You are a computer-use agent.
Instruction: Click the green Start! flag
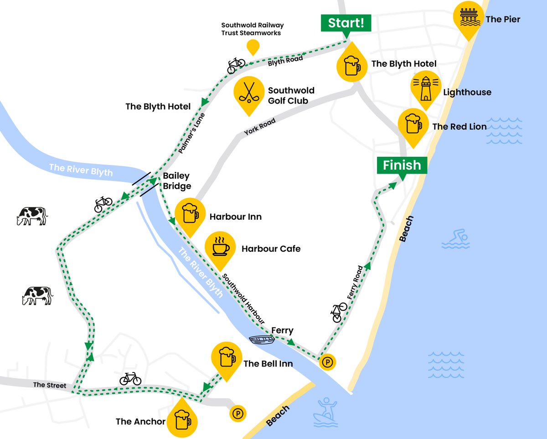pos(346,23)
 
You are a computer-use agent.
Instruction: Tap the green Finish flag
pos(402,165)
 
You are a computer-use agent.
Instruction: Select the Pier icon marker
pos(468,17)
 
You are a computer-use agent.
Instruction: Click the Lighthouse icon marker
pos(425,88)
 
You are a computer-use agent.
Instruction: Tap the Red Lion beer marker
pos(413,124)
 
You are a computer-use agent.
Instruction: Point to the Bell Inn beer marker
pos(226,358)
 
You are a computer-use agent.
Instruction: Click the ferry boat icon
pos(262,340)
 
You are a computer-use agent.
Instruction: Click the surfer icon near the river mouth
pos(325,409)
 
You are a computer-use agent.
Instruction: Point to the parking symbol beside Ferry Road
pos(327,362)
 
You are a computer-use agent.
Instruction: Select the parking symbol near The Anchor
pos(237,413)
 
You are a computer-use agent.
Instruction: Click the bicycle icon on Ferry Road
pos(339,312)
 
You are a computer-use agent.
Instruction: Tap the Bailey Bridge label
pos(176,181)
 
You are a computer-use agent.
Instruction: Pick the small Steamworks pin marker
pos(253,47)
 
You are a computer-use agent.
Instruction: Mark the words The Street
pos(49,385)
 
